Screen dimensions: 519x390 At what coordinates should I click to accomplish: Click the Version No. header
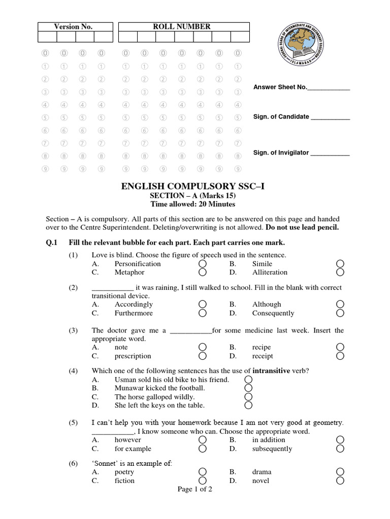(x=73, y=27)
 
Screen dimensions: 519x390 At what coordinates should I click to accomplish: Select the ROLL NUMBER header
(x=182, y=26)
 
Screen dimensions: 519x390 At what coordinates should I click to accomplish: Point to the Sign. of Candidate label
(x=281, y=117)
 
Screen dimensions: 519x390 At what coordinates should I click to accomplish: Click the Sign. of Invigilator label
(x=281, y=153)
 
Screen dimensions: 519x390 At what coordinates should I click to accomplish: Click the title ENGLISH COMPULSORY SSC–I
(x=193, y=186)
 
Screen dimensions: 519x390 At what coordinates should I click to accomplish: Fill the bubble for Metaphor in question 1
(x=203, y=273)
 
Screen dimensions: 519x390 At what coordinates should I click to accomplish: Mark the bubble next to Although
(x=340, y=304)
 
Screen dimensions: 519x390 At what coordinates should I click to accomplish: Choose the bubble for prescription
(x=203, y=356)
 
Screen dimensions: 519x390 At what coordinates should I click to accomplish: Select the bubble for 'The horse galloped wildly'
(x=248, y=397)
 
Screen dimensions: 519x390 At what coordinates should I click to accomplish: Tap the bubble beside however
(x=203, y=440)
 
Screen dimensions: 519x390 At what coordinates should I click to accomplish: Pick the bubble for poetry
(x=203, y=472)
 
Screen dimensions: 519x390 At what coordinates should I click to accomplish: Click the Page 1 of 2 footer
(x=194, y=490)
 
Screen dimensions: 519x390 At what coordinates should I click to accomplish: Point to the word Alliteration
(x=270, y=272)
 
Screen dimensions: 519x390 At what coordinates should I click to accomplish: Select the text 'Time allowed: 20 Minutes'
(x=193, y=204)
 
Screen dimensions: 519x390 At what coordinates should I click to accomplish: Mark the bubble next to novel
(x=340, y=480)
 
